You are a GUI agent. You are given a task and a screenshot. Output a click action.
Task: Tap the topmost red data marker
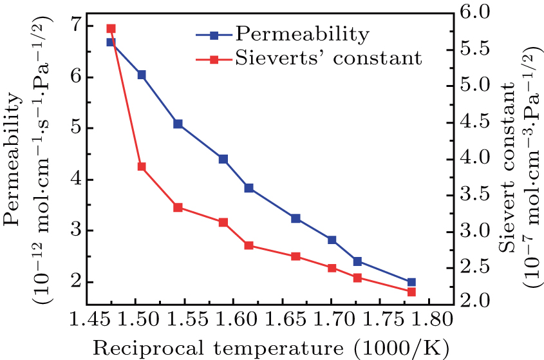(111, 29)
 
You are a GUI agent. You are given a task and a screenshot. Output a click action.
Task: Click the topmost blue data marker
(111, 42)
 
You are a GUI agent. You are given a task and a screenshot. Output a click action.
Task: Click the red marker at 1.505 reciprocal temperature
(142, 167)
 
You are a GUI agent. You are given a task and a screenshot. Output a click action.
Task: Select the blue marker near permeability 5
(178, 124)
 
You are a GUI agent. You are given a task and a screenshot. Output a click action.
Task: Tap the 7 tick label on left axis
(77, 26)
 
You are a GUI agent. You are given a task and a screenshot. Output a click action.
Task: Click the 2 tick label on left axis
(77, 282)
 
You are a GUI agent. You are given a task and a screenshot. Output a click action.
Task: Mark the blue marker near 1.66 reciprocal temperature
(296, 218)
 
